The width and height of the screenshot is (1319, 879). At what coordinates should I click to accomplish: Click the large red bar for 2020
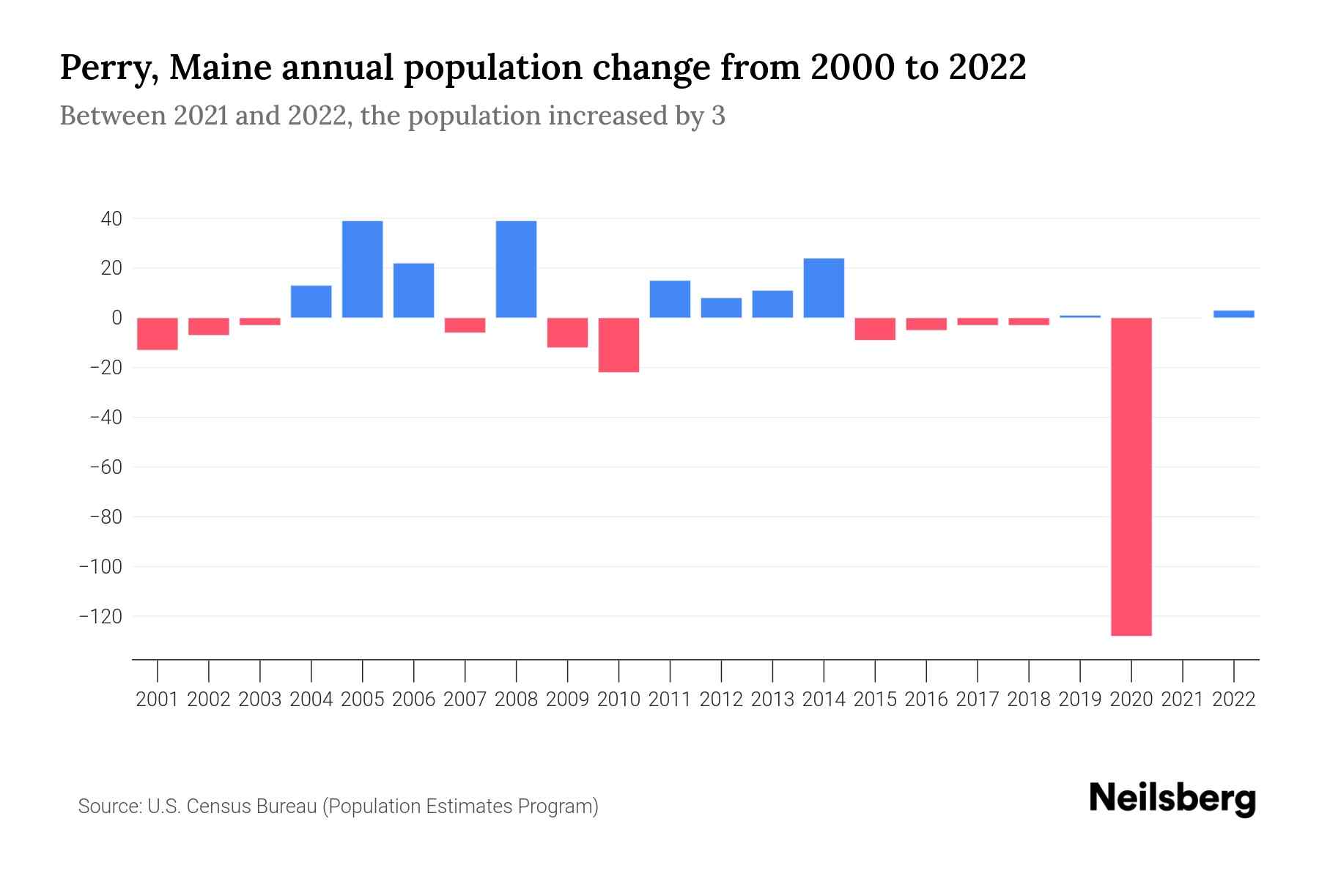click(x=1131, y=476)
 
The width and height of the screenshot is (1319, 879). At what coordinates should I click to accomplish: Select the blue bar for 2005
click(x=363, y=269)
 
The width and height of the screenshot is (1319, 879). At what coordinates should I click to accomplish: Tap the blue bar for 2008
click(x=517, y=269)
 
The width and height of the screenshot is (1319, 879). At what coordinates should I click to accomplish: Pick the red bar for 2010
click(x=619, y=345)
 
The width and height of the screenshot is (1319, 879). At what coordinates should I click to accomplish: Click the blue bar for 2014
click(x=824, y=288)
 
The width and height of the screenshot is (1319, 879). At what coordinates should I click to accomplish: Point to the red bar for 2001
click(x=158, y=334)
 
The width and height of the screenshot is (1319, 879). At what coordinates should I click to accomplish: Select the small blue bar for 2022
click(x=1234, y=314)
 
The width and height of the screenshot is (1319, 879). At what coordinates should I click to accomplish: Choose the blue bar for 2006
click(x=414, y=290)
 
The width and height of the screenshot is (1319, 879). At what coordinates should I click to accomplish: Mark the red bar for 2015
click(x=875, y=329)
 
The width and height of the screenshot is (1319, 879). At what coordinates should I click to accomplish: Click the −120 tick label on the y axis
click(x=100, y=617)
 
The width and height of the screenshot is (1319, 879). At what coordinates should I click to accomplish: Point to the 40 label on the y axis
click(x=112, y=219)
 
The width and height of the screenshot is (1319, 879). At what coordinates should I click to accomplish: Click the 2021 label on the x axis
click(x=1183, y=700)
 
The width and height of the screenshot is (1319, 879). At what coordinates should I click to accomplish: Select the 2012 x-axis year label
click(x=721, y=700)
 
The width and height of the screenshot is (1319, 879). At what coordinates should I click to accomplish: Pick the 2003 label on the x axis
click(x=260, y=700)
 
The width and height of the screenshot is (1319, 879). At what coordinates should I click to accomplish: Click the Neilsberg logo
click(x=1172, y=798)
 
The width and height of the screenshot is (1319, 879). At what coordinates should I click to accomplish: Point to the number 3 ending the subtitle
click(x=718, y=116)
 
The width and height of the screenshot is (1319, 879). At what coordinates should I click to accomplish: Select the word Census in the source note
click(x=217, y=806)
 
